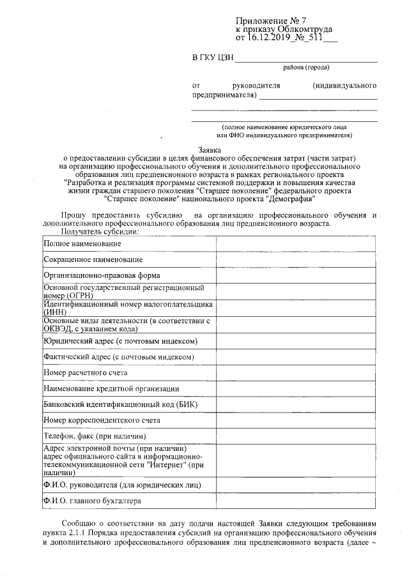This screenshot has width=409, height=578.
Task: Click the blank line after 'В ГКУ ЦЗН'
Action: point(307,59)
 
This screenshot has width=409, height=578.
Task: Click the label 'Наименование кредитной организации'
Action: point(111,388)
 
